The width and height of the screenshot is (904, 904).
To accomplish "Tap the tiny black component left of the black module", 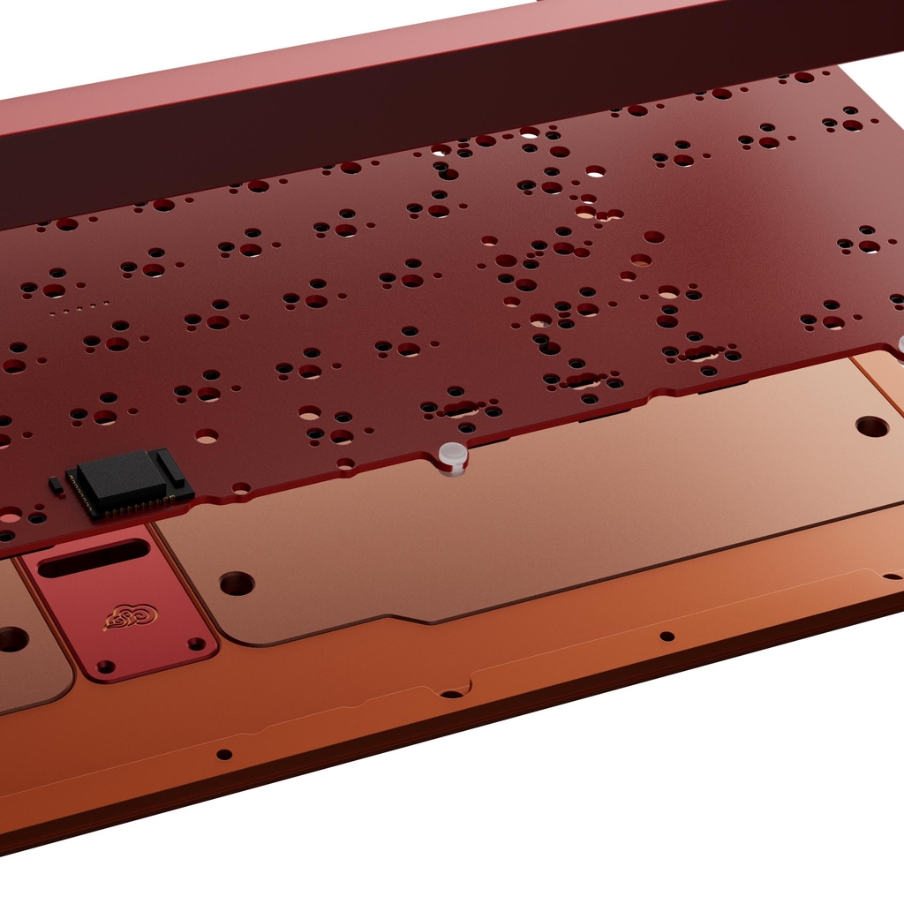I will coord(56,485).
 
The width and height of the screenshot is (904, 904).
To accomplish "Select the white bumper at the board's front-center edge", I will coord(453,456).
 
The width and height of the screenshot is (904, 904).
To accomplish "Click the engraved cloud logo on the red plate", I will coord(131,616).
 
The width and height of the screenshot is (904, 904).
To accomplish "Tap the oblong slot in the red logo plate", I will coord(94,558).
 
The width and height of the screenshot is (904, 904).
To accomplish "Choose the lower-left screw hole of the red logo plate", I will coord(106,667).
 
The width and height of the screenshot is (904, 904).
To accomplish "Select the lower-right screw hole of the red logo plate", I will coord(196,644).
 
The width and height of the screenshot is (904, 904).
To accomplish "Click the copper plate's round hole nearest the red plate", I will coord(237,583).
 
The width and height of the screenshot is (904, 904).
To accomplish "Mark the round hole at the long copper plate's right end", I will coord(871,426).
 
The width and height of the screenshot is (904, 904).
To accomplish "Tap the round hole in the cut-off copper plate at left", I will coord(11,639).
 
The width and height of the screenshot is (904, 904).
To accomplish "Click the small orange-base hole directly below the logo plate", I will coord(224,754).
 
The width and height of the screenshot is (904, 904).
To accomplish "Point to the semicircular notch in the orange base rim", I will coord(452,694).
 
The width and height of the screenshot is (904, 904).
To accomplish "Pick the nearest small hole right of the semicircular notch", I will coord(667,636).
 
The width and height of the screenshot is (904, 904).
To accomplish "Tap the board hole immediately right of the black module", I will coord(240,487).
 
